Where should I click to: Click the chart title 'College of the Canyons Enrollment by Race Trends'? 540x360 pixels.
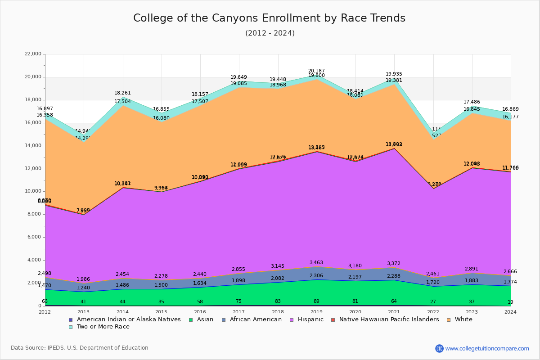[x=269, y=18]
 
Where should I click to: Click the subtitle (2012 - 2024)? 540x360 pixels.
[x=270, y=33]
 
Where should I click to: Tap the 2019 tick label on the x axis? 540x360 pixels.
[x=317, y=312]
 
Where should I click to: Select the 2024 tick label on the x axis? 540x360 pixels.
[x=511, y=312]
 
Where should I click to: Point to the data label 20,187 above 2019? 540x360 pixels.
[x=316, y=71]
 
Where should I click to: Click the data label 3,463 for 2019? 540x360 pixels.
[x=316, y=263]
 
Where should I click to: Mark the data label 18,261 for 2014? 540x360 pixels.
[x=122, y=93]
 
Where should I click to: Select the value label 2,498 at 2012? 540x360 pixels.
[x=45, y=274]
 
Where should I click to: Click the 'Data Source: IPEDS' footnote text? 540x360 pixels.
[x=80, y=348]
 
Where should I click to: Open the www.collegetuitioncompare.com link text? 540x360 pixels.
[x=487, y=348]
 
